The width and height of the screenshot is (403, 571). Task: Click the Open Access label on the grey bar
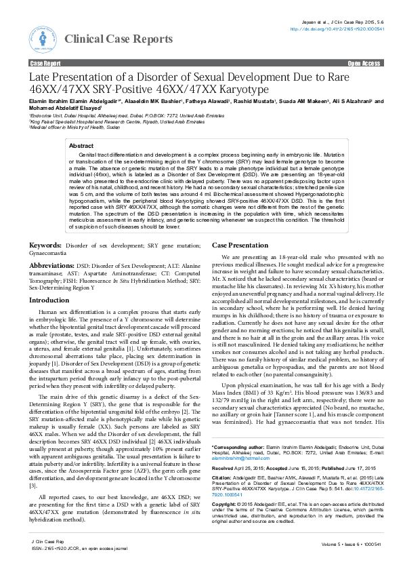tap(364, 62)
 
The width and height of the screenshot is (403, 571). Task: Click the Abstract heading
tap(81, 146)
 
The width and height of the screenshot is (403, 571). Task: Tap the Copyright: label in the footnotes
tap(226, 524)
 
